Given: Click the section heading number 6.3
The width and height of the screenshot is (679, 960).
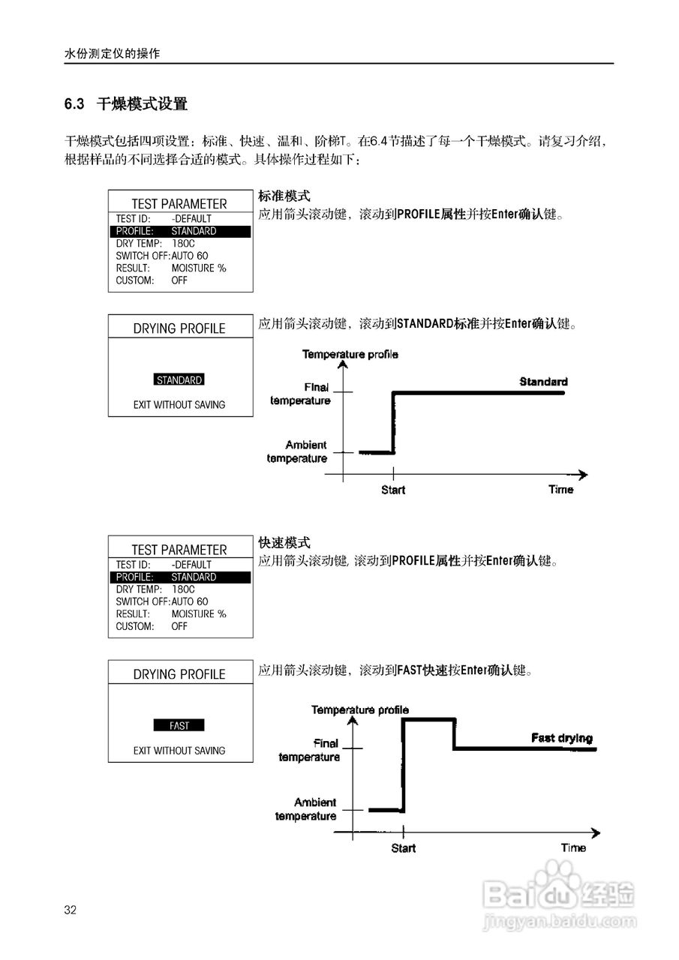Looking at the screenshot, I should [x=74, y=104].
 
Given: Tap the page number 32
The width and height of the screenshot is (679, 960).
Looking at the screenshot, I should [x=71, y=910].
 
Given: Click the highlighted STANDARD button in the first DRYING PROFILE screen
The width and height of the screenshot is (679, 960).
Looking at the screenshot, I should [x=179, y=380].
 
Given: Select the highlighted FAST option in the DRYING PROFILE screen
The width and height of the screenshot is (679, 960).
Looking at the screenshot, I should [x=179, y=726].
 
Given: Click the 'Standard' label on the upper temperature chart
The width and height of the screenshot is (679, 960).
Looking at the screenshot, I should [x=543, y=382].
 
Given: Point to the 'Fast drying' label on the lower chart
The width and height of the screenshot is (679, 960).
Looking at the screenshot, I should [x=561, y=738].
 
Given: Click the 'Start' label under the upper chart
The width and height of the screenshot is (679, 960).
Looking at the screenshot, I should [x=393, y=490].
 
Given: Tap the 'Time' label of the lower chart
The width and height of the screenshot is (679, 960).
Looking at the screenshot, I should [x=573, y=847].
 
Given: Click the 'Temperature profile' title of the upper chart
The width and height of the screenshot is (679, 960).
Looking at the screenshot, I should [x=350, y=354].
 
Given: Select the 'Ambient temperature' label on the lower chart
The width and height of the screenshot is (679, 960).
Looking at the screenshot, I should [x=308, y=809].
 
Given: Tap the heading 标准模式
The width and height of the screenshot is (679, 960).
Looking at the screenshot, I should [x=284, y=196].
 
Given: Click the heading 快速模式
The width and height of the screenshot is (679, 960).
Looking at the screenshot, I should [x=284, y=543].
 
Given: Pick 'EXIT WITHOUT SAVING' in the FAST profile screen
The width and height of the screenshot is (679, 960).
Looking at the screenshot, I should [x=179, y=751].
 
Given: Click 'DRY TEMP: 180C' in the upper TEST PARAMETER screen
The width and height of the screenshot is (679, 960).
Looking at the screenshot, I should [x=155, y=244].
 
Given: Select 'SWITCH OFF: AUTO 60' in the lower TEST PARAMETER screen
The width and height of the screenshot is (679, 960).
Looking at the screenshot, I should [x=162, y=601].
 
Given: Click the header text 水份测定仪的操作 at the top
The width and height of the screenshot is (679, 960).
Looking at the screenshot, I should [x=113, y=55].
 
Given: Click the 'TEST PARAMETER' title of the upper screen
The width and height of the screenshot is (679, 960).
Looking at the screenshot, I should [x=179, y=203].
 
